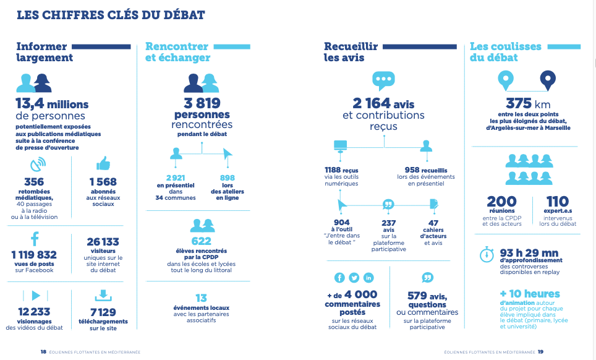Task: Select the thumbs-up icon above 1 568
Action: [x=103, y=164]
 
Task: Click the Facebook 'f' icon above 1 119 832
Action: [x=35, y=238]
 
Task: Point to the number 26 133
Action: [x=103, y=242]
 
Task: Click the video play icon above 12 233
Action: [x=35, y=295]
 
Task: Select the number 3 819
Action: [x=202, y=103]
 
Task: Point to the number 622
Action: [x=202, y=242]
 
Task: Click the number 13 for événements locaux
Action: [x=201, y=298]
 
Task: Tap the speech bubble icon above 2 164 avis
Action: [x=383, y=80]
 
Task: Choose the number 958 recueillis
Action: [x=407, y=169]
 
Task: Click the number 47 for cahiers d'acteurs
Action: [x=433, y=223]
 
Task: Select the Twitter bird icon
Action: [x=354, y=278]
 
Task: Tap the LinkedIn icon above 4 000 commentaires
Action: [x=368, y=278]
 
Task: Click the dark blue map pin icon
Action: [x=547, y=79]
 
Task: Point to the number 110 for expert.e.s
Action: [x=558, y=202]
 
